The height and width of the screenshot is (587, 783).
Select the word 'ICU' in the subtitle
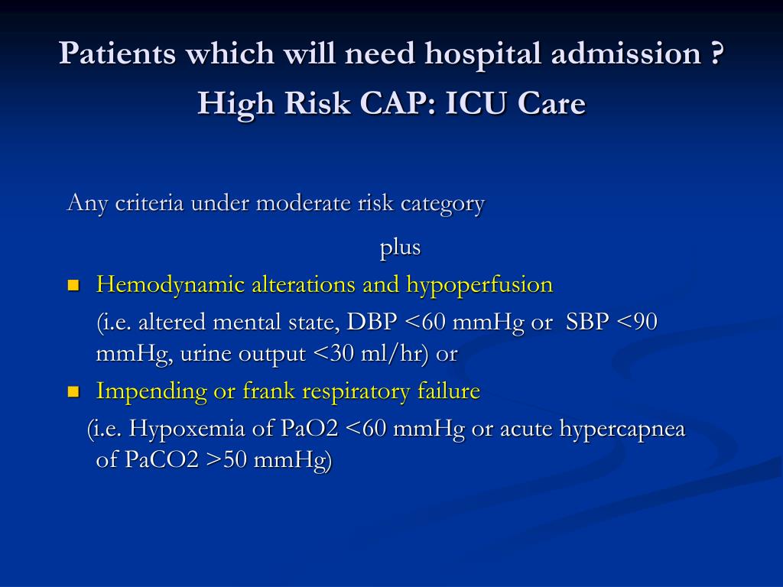tap(475, 102)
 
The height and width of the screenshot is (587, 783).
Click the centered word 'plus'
tap(401, 248)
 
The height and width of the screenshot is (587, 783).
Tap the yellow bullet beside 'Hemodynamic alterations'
tap(73, 286)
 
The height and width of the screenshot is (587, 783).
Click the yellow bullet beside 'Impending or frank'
tap(73, 392)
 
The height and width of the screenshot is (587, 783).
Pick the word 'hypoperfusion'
tap(479, 285)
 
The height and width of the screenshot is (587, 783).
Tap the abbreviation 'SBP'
tap(587, 322)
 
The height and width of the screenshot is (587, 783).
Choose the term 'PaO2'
tap(310, 429)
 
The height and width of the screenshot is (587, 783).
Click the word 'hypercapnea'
tap(622, 429)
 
